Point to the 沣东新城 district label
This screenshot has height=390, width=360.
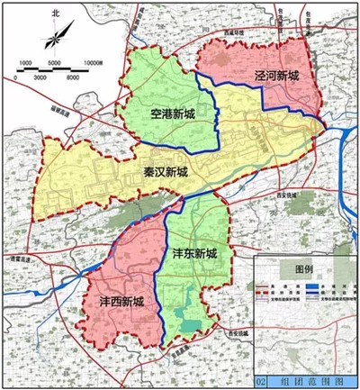pyautogui.click(x=194, y=255)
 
